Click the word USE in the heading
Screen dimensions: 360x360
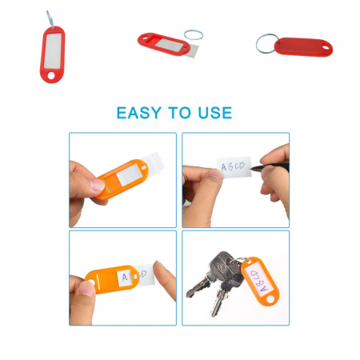[x=215, y=113]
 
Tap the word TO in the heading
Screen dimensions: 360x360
[x=179, y=113]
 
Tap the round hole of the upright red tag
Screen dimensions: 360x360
[x=51, y=75]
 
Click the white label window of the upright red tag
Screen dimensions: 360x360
[x=53, y=50]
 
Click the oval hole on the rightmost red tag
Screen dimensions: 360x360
[x=326, y=48]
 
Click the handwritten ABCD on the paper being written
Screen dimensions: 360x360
[x=233, y=166]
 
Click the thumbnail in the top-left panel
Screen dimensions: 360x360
[x=97, y=185]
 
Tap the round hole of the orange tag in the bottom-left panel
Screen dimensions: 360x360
[x=91, y=282]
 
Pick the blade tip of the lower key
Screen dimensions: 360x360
[x=214, y=314]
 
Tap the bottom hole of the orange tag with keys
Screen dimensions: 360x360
[x=270, y=299]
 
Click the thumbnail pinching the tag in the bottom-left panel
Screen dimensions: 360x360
[x=86, y=289]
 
